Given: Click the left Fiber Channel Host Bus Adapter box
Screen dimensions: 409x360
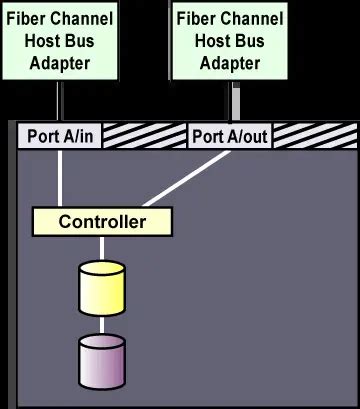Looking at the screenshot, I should pyautogui.click(x=61, y=40).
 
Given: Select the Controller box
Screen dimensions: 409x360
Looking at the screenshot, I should pyautogui.click(x=102, y=221).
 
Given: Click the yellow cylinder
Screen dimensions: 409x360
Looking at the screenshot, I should pyautogui.click(x=102, y=288).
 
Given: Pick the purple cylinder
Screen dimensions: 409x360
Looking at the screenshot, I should pyautogui.click(x=102, y=362).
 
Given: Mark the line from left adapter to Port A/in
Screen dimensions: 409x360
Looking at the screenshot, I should pyautogui.click(x=61, y=101).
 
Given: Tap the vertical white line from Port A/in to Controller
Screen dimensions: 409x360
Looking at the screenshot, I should pyautogui.click(x=61, y=177).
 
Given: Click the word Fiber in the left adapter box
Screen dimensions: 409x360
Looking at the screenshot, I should pyautogui.click(x=27, y=18).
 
